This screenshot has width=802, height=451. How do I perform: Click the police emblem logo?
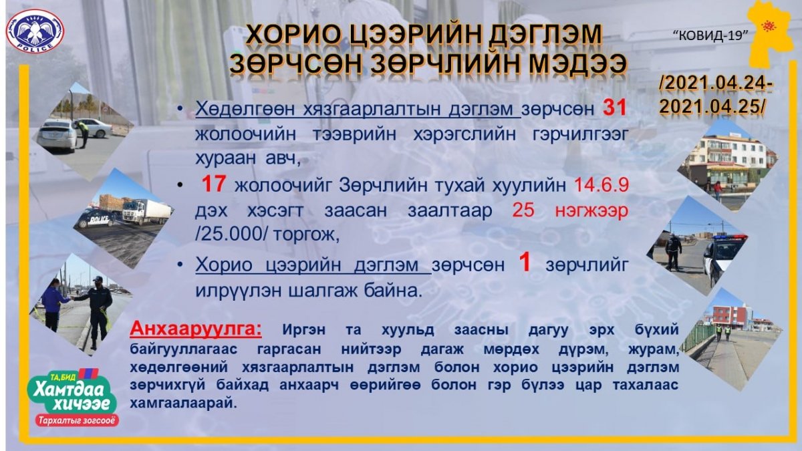35,31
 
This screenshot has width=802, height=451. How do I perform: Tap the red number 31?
614,108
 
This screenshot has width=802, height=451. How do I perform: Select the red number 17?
213,184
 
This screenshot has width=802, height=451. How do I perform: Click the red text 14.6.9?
601,185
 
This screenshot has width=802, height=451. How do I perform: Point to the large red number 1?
525,263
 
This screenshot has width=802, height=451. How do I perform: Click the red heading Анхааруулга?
195,329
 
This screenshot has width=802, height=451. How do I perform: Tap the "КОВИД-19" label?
710,35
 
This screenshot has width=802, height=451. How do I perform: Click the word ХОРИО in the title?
293,36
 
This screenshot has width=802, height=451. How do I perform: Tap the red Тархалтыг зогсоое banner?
77,420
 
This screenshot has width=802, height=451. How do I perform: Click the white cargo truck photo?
147,211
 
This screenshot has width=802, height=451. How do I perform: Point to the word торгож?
307,235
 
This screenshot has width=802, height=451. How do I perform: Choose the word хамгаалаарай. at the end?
183,404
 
